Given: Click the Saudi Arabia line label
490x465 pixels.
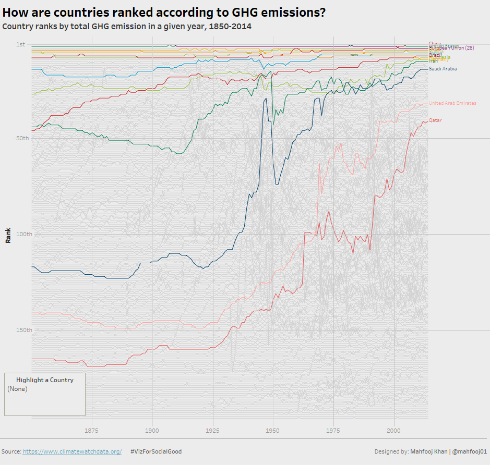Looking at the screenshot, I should pos(443,69).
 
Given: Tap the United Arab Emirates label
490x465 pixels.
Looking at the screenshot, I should pos(452,103).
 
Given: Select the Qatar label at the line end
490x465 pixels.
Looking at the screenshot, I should pos(435,120).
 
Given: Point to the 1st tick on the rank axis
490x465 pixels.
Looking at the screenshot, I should pos(20,44).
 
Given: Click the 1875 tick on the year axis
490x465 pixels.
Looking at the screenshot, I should pos(92,431).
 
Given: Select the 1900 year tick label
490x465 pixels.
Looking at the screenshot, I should pos(152,431).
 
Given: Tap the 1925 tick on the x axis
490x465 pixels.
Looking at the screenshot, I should pos(212,431).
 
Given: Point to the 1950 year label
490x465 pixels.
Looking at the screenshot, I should pos(273,431).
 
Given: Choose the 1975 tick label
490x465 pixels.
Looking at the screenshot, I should pos(333,431).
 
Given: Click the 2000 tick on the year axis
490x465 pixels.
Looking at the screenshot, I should pos(393,431).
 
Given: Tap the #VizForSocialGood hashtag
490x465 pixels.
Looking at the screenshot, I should pos(156,451).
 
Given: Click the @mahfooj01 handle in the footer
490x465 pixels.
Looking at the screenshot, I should pos(470,451).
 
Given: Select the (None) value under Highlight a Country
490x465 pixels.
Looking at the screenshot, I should pos(17,389).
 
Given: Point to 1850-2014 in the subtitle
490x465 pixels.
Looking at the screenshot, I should pos(230,26).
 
